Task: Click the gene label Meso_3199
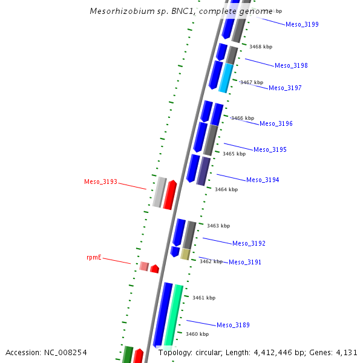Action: coord(302,25)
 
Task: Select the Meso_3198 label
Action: coord(291,66)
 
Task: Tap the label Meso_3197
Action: coord(285,88)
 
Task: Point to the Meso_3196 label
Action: coord(276,124)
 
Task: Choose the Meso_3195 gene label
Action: coord(270,150)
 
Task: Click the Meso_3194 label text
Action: coord(263,180)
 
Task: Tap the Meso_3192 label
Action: coord(249,244)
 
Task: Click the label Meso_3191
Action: coord(245,263)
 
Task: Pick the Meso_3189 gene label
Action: coord(233,325)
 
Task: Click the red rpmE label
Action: coord(94,258)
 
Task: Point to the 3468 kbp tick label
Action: coord(261,47)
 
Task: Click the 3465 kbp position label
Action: coord(234,154)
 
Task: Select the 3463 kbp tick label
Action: coord(218,226)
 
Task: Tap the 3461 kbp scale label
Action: coord(204,298)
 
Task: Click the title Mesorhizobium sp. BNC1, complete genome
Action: coord(181,11)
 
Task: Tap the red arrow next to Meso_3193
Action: coord(171,195)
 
